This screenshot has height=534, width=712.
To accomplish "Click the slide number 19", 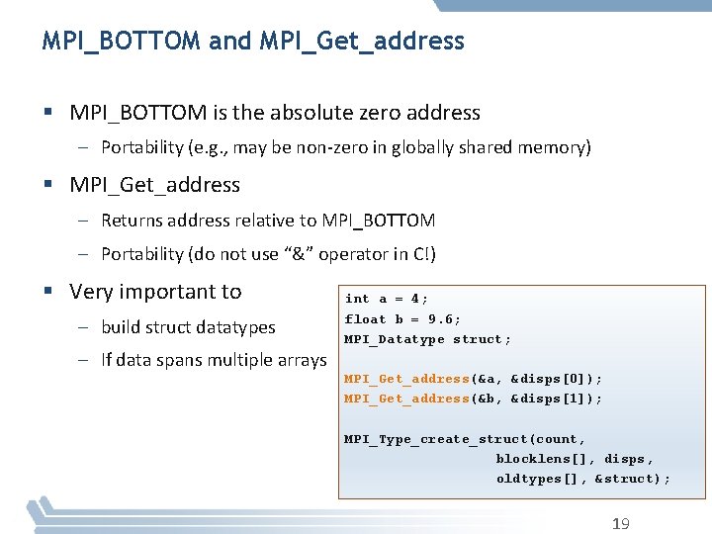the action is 620,523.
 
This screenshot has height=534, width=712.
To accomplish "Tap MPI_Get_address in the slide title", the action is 361,41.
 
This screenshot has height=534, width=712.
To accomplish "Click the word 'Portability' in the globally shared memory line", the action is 142,147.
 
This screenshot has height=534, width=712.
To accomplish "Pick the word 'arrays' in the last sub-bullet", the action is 303,360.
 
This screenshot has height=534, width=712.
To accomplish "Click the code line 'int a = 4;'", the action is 387,299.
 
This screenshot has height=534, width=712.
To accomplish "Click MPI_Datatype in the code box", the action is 395,339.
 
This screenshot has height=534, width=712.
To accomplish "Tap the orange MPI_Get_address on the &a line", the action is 406,379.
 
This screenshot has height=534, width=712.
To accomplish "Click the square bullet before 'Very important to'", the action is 48,292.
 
